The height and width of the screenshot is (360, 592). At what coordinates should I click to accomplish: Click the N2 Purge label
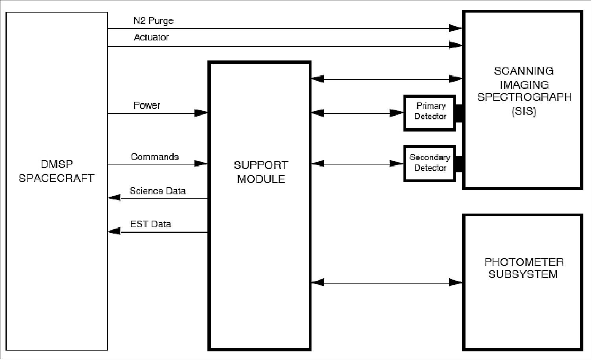[153, 21]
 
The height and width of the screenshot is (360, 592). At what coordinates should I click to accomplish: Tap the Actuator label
[151, 38]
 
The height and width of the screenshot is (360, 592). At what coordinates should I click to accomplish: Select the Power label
[147, 106]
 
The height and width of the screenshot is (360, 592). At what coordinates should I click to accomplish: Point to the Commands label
[155, 157]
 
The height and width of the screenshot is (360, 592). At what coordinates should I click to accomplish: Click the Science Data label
[158, 191]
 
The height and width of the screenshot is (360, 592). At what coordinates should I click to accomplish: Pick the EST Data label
[150, 225]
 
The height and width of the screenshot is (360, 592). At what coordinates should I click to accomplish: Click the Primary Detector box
[430, 113]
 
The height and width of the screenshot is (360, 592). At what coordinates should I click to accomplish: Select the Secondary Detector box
[430, 163]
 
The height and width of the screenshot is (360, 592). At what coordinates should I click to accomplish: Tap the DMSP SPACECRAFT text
[57, 172]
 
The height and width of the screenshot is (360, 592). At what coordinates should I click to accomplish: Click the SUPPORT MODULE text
[261, 172]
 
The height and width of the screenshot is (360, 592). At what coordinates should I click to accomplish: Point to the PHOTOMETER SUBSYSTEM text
[523, 268]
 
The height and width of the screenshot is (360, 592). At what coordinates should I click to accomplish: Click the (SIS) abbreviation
[524, 111]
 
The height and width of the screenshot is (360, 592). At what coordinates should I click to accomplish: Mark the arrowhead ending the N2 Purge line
[456, 28]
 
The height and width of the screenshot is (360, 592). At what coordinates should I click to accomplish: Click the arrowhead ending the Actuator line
[456, 46]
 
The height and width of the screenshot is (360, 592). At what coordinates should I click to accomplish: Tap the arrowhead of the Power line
[201, 113]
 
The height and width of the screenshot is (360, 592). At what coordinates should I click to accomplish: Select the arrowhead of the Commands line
[201, 164]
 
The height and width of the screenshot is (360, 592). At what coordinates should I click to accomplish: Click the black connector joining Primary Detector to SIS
[459, 113]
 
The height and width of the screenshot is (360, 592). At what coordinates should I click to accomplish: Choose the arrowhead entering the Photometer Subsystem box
[456, 282]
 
